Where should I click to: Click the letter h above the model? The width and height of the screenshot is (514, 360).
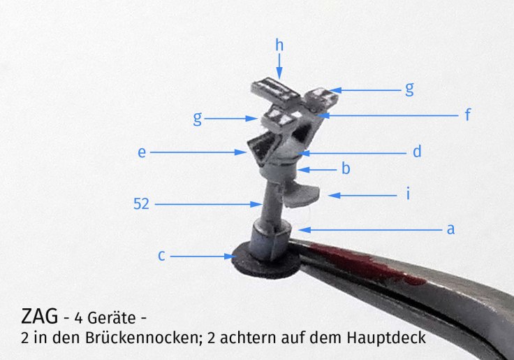coord(279,45)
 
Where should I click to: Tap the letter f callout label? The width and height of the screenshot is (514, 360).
coord(468,115)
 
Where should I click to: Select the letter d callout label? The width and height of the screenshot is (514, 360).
coord(417,151)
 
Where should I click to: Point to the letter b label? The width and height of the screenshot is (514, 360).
coord(346,168)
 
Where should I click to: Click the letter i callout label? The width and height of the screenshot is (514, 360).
coord(408,194)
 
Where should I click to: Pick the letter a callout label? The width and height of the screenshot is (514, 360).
coord(450,229)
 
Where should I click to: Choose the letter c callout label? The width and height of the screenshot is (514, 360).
coord(161,256)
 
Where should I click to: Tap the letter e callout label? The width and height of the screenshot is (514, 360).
coord(142,152)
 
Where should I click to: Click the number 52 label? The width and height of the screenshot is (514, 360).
coord(141,204)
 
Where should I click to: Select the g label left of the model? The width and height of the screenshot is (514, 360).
coord(198,119)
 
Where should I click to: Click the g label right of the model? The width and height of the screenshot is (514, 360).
coord(409,89)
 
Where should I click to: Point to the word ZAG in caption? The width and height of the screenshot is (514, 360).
coord(39,316)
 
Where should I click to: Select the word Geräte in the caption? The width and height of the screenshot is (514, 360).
coord(112,317)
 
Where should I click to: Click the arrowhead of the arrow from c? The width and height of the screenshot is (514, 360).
coord(230,257)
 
